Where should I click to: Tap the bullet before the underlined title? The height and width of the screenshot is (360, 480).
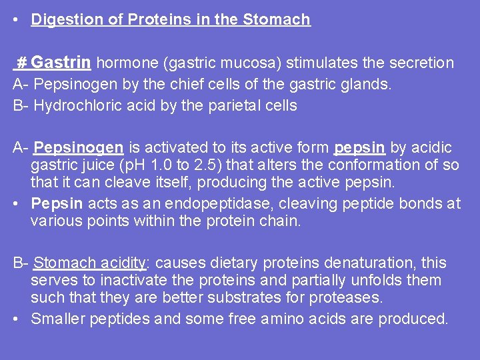(15, 20)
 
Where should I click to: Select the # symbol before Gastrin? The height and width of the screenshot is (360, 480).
(21, 63)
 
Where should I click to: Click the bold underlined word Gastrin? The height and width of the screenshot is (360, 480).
(61, 63)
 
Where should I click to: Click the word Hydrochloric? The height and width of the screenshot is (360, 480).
(74, 105)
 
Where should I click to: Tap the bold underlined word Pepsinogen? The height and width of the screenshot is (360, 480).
(79, 147)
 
